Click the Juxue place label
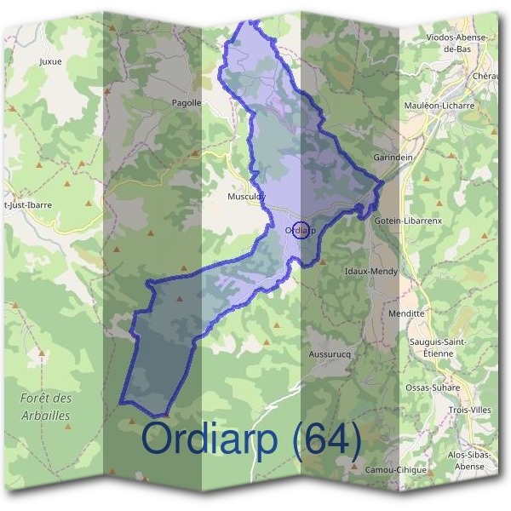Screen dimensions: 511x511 click(51, 61)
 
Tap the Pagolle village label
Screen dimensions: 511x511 click(187, 103)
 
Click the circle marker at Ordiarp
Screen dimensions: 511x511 click(299, 229)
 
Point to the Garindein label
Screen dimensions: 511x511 click(393, 158)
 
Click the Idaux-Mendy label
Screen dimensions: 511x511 click(370, 272)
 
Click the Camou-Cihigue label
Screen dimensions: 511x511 click(393, 469)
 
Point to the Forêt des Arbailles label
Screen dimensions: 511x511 click(46, 406)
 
